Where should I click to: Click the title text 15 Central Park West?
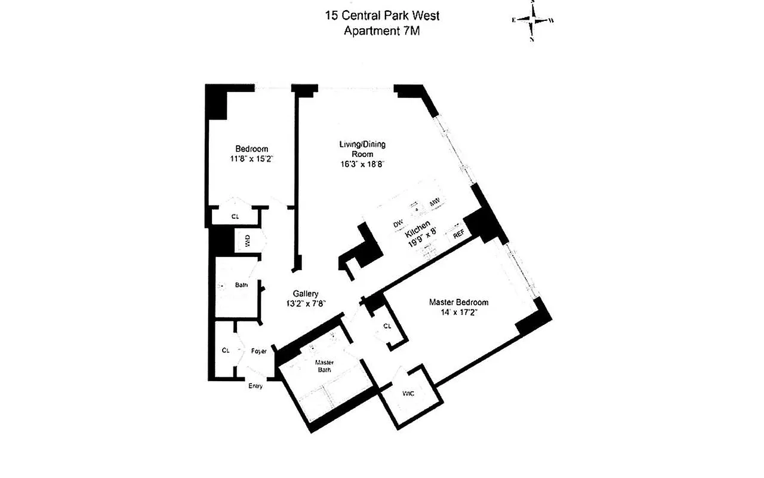point(382,16)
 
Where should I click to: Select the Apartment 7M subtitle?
point(382,31)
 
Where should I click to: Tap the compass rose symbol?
point(532,20)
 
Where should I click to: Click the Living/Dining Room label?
point(362,149)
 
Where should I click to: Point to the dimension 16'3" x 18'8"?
point(362,164)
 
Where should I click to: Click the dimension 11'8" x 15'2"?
point(251,159)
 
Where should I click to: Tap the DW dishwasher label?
point(398,224)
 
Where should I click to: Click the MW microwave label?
point(435,201)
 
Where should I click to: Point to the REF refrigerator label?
point(458,234)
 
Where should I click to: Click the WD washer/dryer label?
point(246,241)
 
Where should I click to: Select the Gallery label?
point(306,293)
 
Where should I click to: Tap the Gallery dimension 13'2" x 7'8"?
point(306,303)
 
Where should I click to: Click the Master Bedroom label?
point(458,302)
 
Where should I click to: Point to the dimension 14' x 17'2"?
point(458,312)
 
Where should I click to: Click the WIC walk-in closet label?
point(408,393)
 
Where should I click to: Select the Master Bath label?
point(324,366)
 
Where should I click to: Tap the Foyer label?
point(258,351)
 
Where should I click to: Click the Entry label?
point(255,386)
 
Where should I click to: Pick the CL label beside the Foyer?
point(226,350)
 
